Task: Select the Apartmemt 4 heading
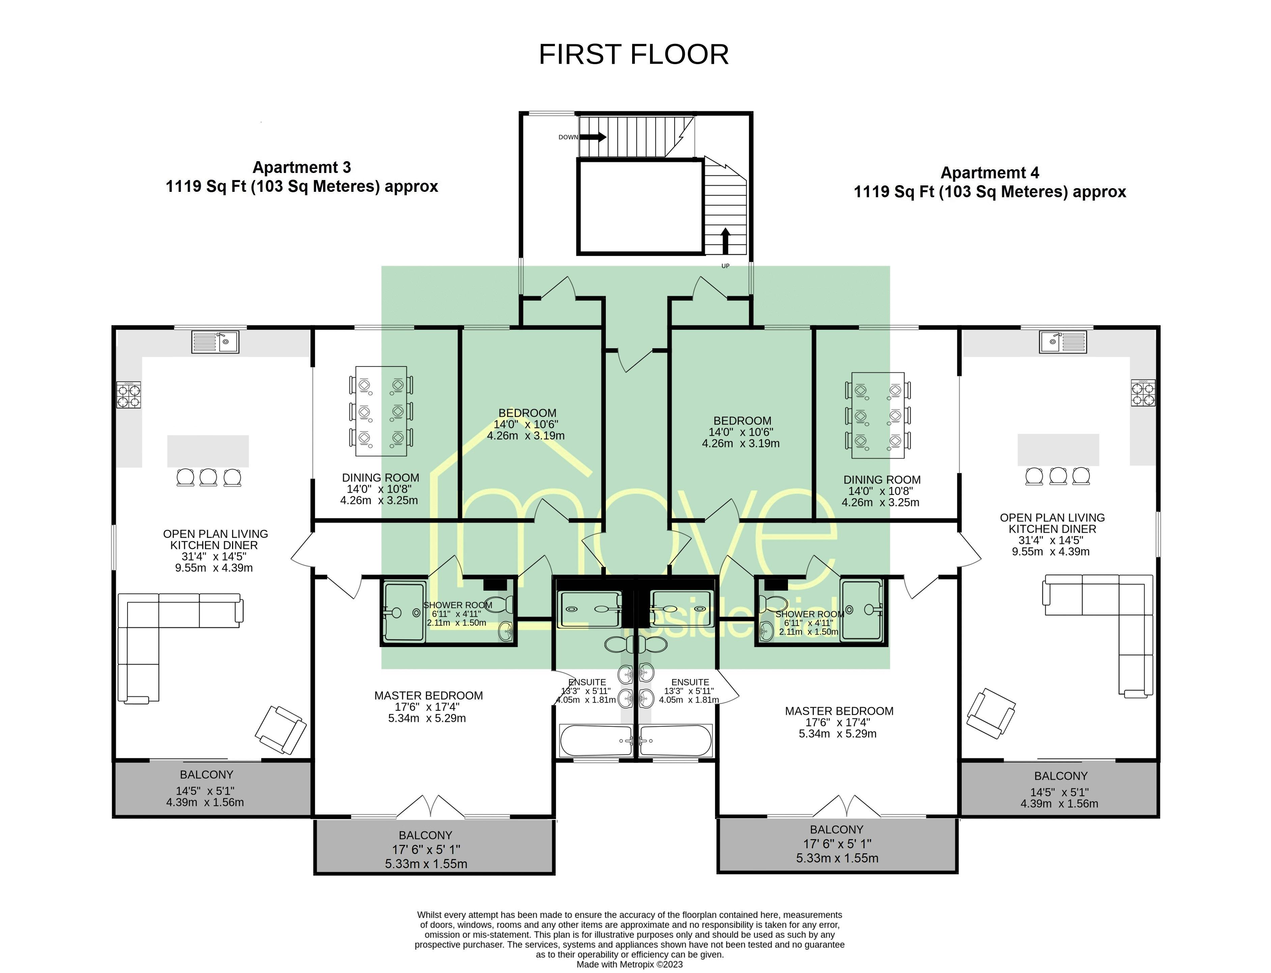coord(989,173)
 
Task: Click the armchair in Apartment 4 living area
coord(991,713)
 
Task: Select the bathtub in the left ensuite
coord(595,741)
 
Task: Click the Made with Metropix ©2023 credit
coord(629,964)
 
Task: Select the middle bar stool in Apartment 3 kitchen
coord(208,477)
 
